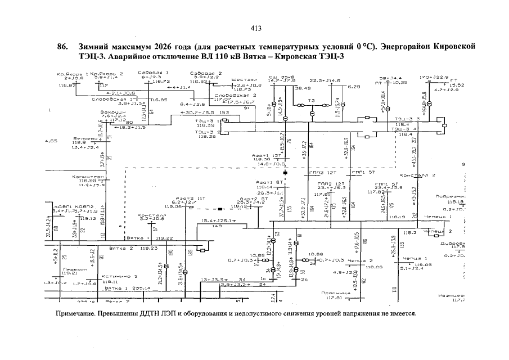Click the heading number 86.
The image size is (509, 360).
tap(63, 46)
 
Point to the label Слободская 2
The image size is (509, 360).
tap(236, 95)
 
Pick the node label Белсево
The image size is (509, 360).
tap(83, 138)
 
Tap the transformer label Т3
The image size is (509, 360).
tap(311, 101)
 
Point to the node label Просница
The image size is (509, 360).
tap(332, 292)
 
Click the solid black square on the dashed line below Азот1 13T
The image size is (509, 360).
tap(285, 170)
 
